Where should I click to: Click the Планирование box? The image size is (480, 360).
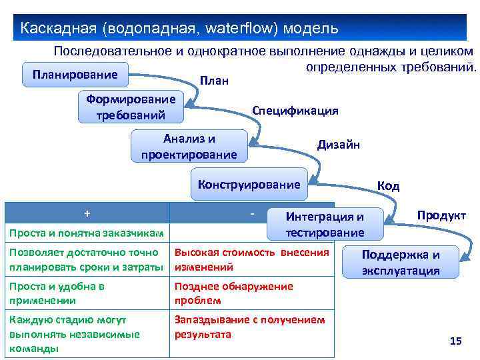(75, 74)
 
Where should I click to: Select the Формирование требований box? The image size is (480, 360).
(131, 107)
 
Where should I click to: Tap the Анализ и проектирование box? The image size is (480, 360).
(189, 147)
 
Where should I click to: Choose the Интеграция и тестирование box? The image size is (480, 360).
(324, 224)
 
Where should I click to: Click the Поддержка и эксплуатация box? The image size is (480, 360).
(400, 262)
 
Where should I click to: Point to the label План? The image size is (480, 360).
(214, 81)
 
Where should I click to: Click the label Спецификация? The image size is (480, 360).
(295, 111)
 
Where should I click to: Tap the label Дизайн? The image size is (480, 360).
(338, 144)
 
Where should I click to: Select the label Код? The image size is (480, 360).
(388, 186)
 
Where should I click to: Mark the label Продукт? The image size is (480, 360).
(441, 216)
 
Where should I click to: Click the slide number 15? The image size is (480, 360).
(456, 341)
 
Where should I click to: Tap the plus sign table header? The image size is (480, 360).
(87, 213)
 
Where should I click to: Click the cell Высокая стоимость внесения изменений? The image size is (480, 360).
(252, 259)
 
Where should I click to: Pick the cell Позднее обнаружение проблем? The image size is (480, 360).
(233, 293)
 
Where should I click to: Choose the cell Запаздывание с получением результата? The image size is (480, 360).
(249, 327)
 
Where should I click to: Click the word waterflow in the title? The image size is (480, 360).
(242, 29)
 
